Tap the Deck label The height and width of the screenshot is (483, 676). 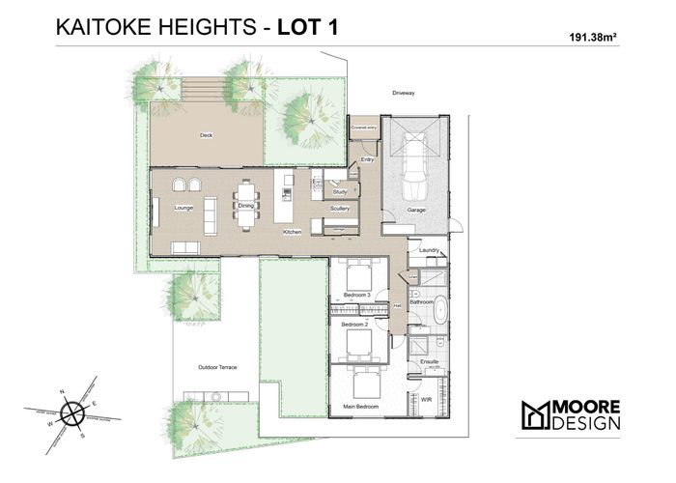point(206,135)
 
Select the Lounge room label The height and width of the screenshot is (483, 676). point(183,207)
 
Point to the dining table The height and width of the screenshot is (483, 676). point(246,204)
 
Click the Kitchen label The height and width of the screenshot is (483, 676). point(293,232)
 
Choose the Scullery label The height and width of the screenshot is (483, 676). point(339,209)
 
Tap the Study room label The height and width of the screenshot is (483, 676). point(339,192)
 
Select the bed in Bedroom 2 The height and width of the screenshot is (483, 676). point(359,339)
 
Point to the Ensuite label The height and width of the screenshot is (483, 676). point(430,361)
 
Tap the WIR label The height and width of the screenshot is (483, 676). point(426,397)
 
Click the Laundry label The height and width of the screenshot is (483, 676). point(431,251)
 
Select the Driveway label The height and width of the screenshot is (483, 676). point(404,94)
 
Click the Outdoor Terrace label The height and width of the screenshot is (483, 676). point(217,368)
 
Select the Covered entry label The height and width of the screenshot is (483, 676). point(363,127)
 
